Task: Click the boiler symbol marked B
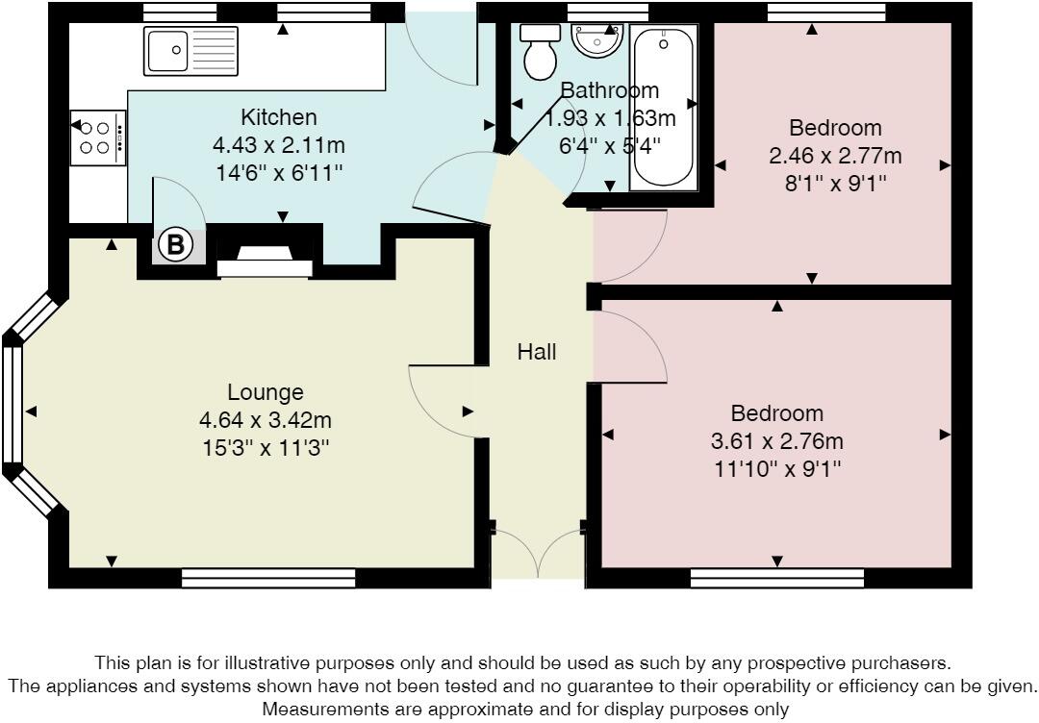tap(174, 245)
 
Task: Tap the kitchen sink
tap(190, 51)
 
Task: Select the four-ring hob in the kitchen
tap(97, 137)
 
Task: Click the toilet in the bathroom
tap(540, 52)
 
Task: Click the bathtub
tap(663, 109)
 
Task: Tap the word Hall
tap(537, 352)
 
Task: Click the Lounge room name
tap(265, 392)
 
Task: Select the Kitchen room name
tap(278, 117)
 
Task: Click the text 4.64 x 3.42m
tap(265, 420)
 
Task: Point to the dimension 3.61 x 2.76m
tap(776, 441)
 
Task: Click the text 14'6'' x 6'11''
tap(278, 174)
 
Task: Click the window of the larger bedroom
tap(776, 578)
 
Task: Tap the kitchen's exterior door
tap(441, 43)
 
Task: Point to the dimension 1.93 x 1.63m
tap(610, 119)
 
